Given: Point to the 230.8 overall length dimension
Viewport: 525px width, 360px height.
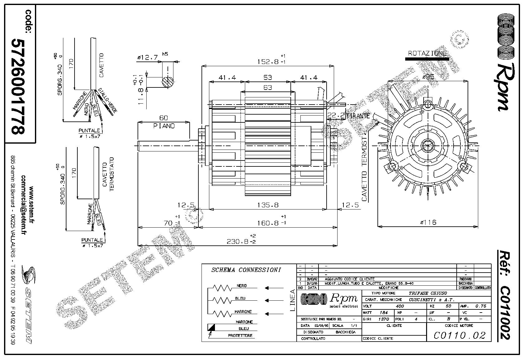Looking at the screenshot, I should (x=239, y=241).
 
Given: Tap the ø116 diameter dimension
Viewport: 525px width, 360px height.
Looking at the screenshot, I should (x=428, y=222).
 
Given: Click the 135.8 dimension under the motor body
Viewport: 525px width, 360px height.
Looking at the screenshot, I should (x=268, y=205).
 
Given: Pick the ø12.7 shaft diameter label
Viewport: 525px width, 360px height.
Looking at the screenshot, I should (x=147, y=57).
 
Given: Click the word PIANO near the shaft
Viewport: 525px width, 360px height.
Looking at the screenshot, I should (x=164, y=126).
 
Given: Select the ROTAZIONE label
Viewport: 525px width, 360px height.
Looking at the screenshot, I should (x=427, y=53).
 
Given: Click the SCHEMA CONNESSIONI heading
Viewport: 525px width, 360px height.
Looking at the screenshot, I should (x=246, y=270).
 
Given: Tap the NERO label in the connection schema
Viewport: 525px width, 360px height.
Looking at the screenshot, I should (x=242, y=286).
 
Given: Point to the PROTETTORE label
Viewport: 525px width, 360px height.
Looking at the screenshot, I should (x=240, y=336).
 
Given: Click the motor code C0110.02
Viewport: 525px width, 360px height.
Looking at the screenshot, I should (x=459, y=335).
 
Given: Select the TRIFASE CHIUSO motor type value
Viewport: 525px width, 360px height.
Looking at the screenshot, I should (x=428, y=293).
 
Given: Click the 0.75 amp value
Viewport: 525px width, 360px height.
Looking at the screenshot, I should (x=480, y=306).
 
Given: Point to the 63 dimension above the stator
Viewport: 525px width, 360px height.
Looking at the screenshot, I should (x=268, y=88).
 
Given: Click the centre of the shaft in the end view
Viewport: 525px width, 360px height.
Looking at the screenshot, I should (x=428, y=145).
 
